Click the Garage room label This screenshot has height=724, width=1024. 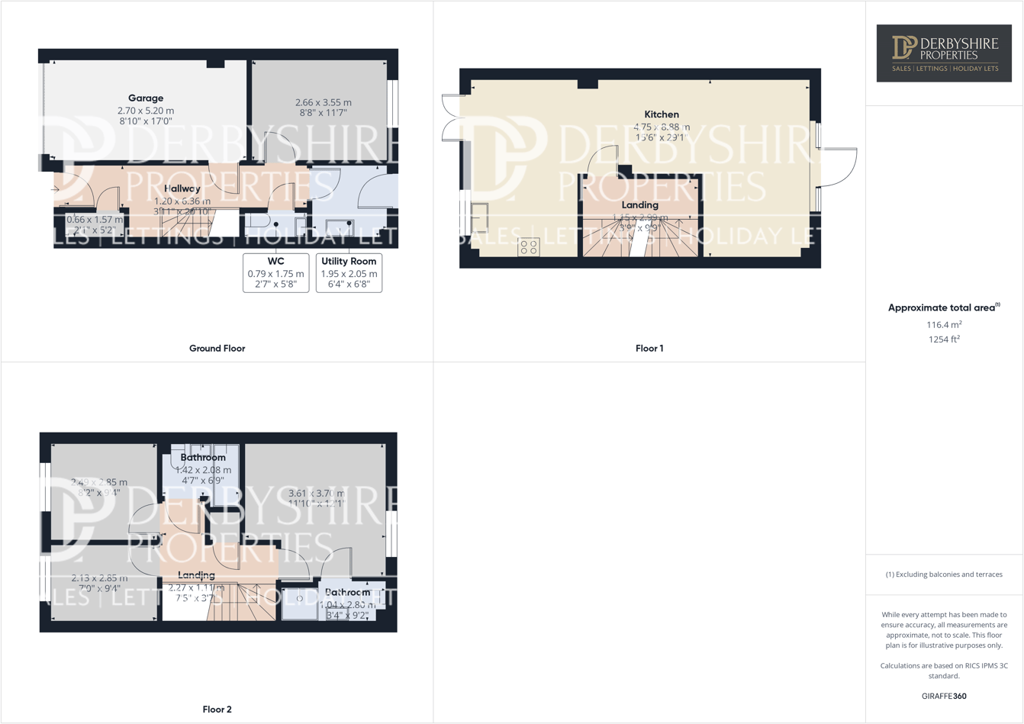click(x=145, y=98)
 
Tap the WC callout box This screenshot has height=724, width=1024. click(x=275, y=272)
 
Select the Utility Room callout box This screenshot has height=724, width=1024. click(x=349, y=272)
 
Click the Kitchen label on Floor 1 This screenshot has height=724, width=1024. click(x=661, y=114)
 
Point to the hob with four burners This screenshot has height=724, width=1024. click(x=529, y=246)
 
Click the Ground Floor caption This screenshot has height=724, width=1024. click(x=217, y=348)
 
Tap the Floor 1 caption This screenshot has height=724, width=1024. click(x=649, y=348)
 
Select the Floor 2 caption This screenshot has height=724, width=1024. click(x=217, y=710)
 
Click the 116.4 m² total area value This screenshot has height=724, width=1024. click(x=944, y=324)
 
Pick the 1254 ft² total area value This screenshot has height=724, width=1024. click(x=944, y=339)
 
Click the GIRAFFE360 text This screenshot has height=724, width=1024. click(x=944, y=696)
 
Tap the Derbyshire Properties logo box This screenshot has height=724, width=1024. click(x=944, y=53)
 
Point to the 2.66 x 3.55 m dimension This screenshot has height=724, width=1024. click(x=323, y=102)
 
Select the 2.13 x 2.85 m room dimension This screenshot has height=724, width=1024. click(x=99, y=578)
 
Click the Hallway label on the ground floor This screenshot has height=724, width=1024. click(x=182, y=188)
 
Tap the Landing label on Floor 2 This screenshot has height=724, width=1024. click(x=196, y=575)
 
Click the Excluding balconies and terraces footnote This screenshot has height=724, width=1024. click(x=944, y=574)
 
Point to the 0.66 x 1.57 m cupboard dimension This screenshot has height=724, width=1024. click(x=95, y=220)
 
